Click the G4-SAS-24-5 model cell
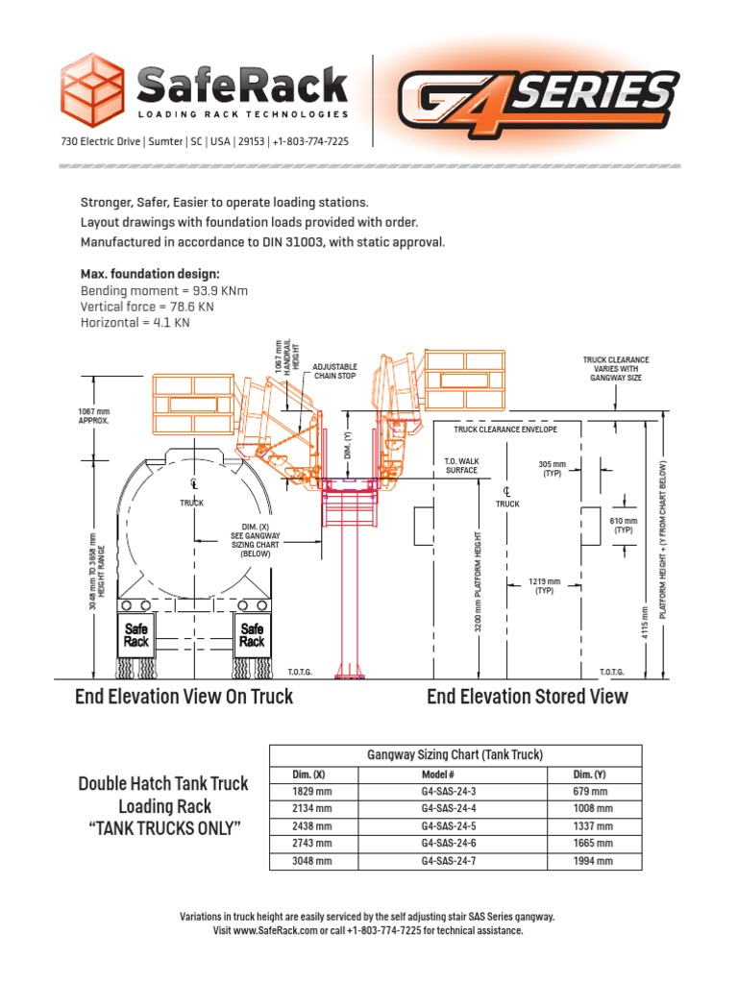[448, 826]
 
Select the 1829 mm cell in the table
[312, 792]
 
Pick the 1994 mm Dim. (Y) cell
[592, 861]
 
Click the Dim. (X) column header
[312, 775]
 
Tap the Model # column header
[437, 775]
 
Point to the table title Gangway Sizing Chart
[455, 755]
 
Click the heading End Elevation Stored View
[527, 697]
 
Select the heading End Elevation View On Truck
[184, 697]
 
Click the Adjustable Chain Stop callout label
[334, 372]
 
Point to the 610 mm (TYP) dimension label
[624, 524]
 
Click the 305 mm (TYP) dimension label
[553, 469]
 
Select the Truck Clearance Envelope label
[505, 430]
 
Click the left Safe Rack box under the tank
[136, 635]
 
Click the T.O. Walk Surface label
[461, 466]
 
